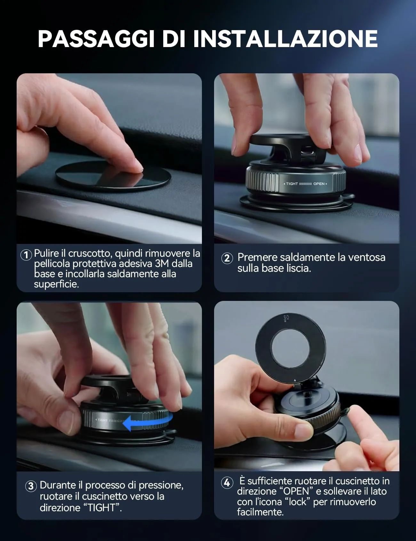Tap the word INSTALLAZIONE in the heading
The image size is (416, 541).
(x=285, y=39)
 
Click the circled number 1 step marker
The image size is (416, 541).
(x=26, y=255)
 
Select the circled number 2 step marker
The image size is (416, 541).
(x=227, y=258)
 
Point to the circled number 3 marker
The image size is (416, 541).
(x=31, y=486)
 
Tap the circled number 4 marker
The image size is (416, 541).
(x=227, y=482)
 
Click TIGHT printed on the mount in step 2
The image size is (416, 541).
(x=292, y=184)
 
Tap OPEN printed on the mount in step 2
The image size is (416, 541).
(x=319, y=184)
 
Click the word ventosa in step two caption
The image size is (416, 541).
(x=366, y=257)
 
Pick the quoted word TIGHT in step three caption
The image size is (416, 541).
(x=102, y=508)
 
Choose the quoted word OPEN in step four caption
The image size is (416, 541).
(x=296, y=491)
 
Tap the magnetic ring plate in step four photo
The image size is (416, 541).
(x=290, y=346)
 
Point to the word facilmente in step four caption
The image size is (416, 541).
(x=260, y=512)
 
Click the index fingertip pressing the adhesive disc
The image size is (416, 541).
(x=136, y=166)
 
